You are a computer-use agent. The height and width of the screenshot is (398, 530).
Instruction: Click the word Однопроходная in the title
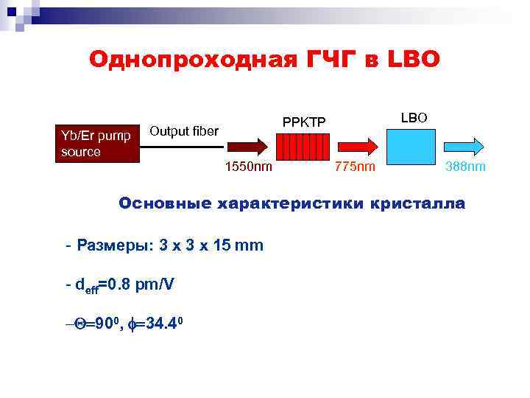(192, 59)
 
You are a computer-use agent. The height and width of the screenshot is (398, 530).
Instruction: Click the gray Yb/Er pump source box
(94, 143)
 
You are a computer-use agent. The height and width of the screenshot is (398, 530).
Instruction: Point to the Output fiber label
(184, 132)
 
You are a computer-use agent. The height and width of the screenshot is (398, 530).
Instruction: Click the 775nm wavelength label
(355, 167)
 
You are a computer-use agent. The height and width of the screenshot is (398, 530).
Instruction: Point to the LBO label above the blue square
(417, 118)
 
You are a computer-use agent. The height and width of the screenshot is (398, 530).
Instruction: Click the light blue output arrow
(464, 144)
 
